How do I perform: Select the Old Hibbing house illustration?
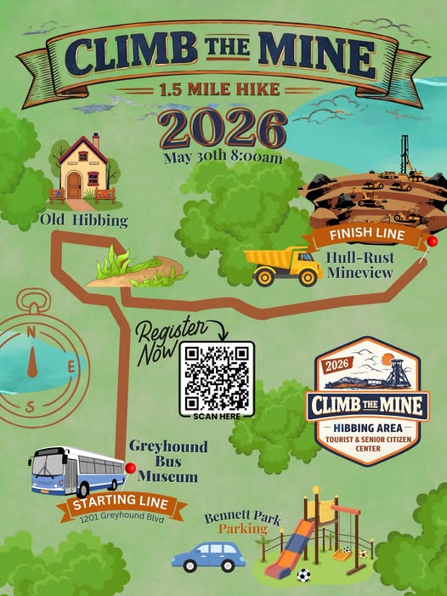pyautogui.click(x=82, y=170)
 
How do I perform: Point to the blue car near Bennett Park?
pyautogui.click(x=208, y=556)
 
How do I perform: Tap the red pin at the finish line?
pyautogui.click(x=432, y=241)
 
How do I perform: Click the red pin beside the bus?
pyautogui.click(x=130, y=468)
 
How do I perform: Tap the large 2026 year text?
pyautogui.click(x=222, y=129)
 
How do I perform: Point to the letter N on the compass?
pyautogui.click(x=31, y=331)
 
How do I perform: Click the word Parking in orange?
pyautogui.click(x=242, y=529)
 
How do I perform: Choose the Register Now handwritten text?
pyautogui.click(x=171, y=338)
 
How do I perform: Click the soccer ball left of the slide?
pyautogui.click(x=304, y=576)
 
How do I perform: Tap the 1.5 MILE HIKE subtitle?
pyautogui.click(x=223, y=89)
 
